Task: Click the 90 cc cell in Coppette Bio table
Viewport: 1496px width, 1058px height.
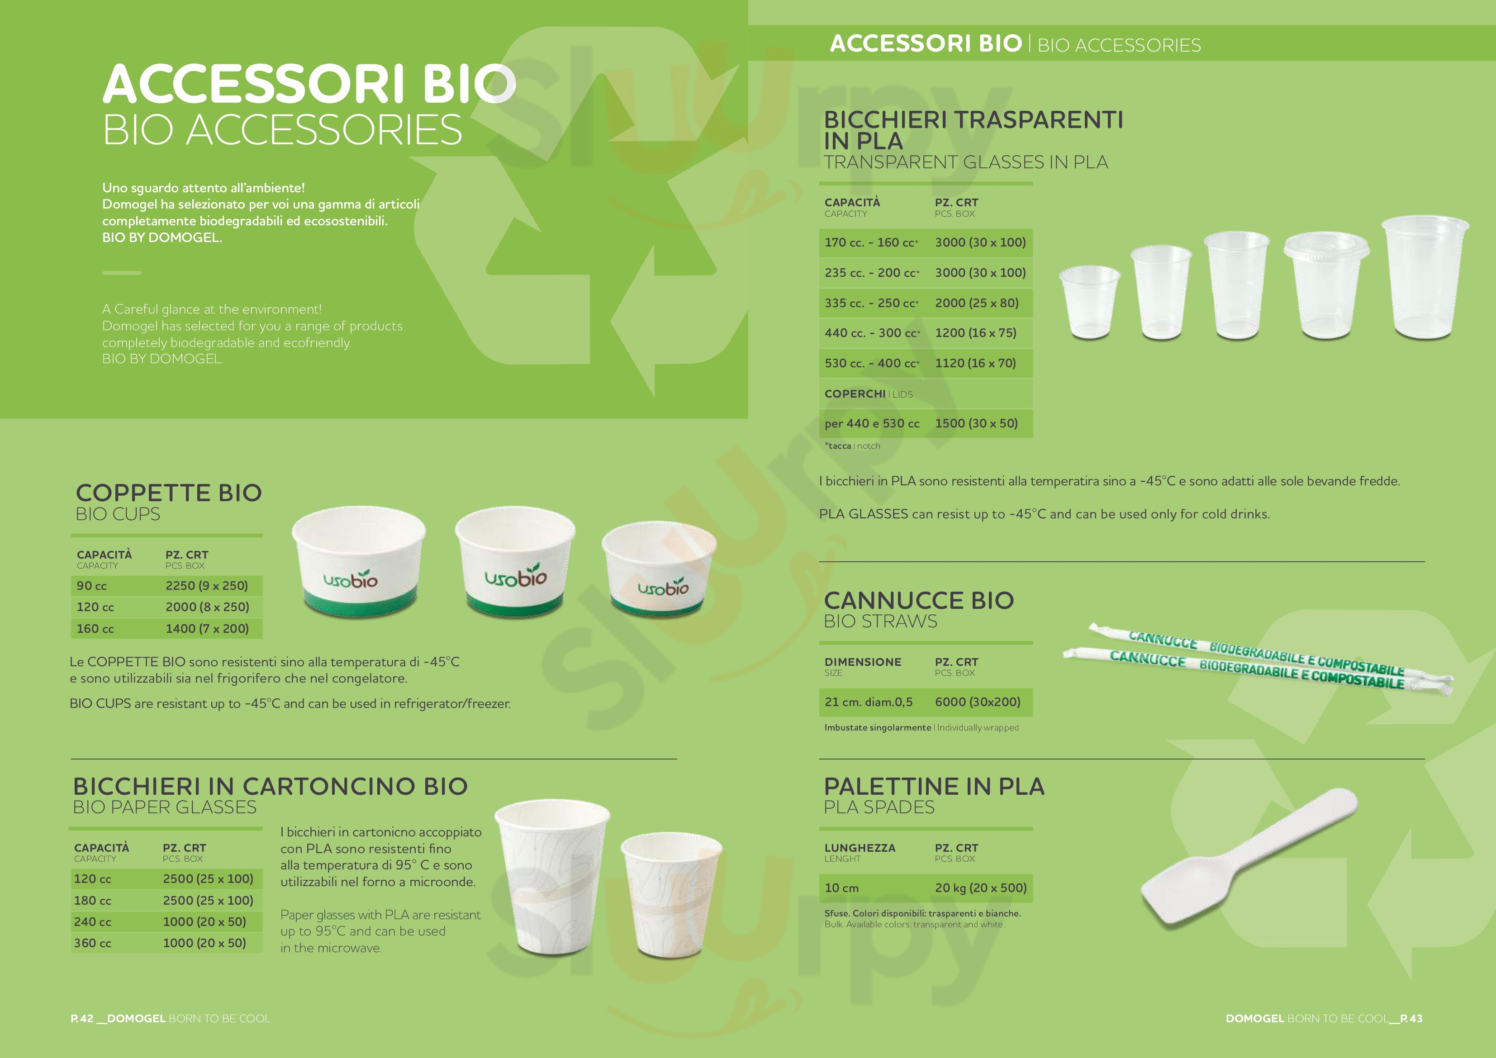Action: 92,586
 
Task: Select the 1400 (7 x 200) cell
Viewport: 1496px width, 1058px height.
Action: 207,629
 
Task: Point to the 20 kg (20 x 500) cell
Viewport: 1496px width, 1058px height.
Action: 981,887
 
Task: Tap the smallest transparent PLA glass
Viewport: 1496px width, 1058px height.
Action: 1089,302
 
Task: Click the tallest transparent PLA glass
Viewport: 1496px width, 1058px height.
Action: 1425,278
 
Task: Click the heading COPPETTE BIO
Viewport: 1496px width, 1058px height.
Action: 169,493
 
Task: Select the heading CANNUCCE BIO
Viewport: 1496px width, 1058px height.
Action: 919,600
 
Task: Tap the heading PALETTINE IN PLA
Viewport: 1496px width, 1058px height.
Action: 934,786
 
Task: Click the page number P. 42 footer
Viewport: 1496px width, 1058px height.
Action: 82,1018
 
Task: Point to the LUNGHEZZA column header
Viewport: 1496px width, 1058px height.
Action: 860,848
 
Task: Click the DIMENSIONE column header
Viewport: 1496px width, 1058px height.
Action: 863,662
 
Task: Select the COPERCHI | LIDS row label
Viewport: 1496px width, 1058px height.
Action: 869,394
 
